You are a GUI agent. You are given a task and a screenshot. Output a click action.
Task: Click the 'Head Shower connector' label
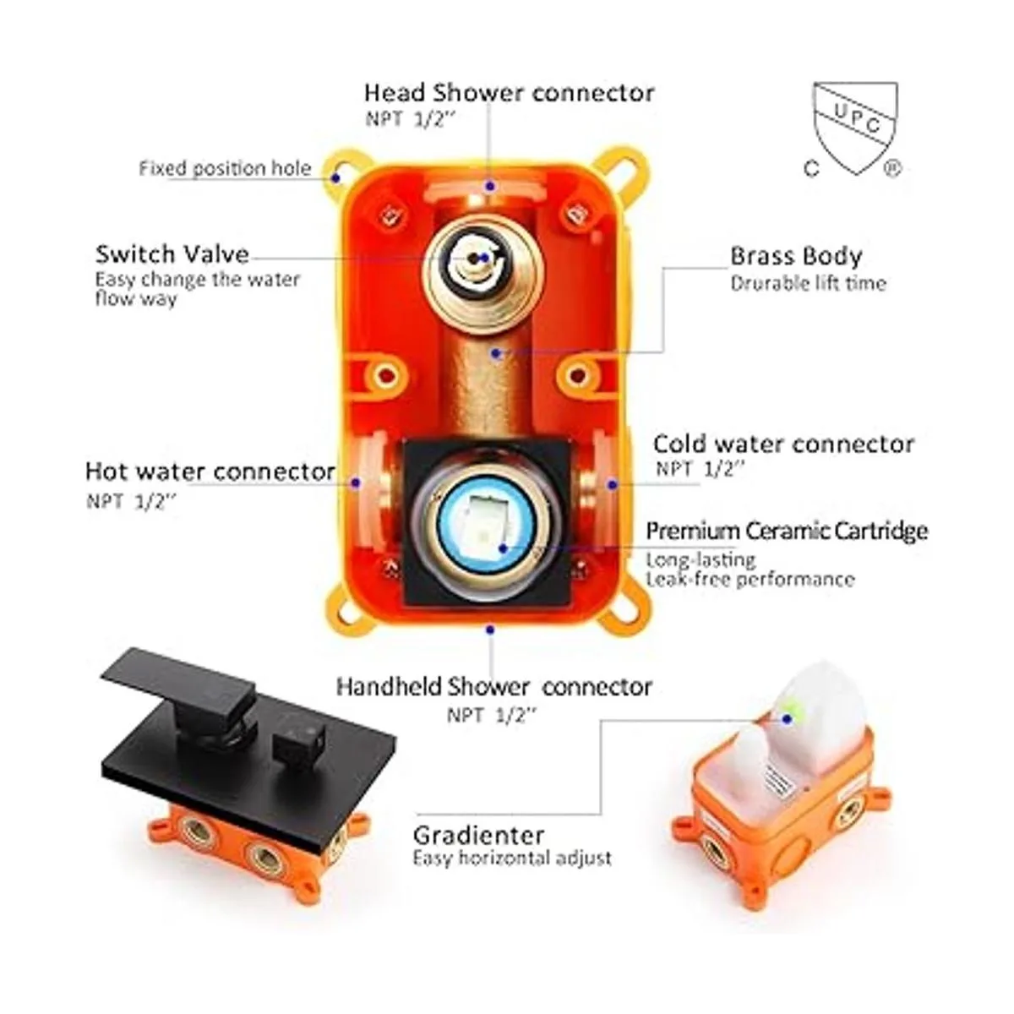click(509, 93)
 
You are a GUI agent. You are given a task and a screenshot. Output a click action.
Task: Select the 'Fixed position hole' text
click(225, 168)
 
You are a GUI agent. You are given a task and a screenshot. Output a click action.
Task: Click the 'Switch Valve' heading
click(172, 254)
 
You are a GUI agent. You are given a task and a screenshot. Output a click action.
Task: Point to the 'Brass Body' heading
click(796, 256)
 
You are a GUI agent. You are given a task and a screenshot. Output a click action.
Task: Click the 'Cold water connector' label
click(783, 444)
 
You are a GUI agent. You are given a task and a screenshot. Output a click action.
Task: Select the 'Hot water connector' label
click(210, 472)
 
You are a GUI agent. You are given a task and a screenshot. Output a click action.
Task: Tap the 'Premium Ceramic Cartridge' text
click(787, 531)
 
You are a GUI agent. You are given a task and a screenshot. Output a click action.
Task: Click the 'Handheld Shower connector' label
click(494, 687)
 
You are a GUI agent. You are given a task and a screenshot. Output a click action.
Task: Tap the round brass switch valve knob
click(482, 270)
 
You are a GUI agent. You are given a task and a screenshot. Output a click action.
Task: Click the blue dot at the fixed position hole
click(335, 177)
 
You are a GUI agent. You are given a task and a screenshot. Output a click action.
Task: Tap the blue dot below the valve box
click(490, 630)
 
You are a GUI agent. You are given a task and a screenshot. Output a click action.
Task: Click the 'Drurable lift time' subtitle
click(809, 284)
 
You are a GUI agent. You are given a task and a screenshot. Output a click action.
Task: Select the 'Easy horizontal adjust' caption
click(512, 859)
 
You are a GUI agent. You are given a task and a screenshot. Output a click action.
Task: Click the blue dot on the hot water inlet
click(357, 482)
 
